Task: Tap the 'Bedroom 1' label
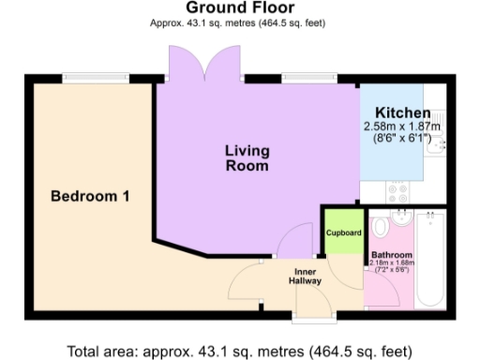[x=90, y=197]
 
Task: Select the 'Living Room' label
[x=247, y=157]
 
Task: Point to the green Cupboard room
[x=343, y=232]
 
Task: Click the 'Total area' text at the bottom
[x=239, y=351]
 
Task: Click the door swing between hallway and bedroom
[x=247, y=281]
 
